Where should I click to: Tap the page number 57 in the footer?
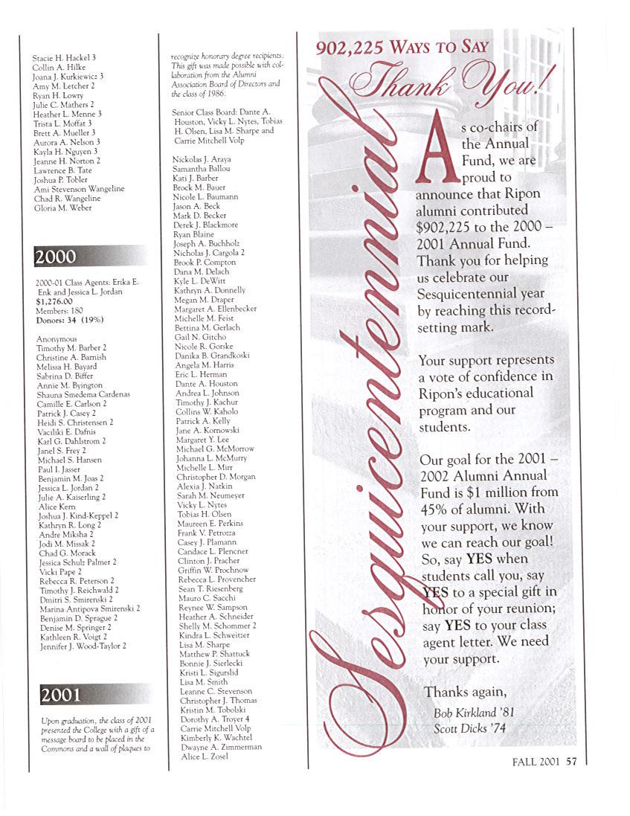[571, 761]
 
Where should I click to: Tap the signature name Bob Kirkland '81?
[474, 713]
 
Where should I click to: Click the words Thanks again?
[463, 693]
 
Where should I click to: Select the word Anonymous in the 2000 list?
[57, 338]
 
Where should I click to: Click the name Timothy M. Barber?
[68, 347]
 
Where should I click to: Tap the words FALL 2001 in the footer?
[536, 761]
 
